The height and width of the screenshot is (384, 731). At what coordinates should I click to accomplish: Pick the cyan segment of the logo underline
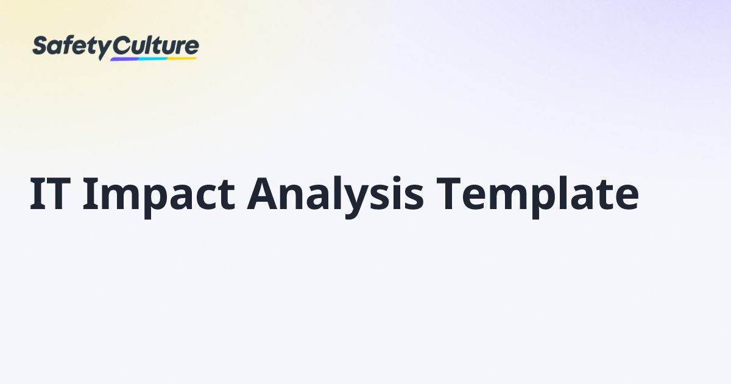(x=152, y=59)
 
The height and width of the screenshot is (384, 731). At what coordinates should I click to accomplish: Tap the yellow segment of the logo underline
(x=183, y=58)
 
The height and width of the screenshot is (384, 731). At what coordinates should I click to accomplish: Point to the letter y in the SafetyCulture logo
(x=104, y=49)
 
